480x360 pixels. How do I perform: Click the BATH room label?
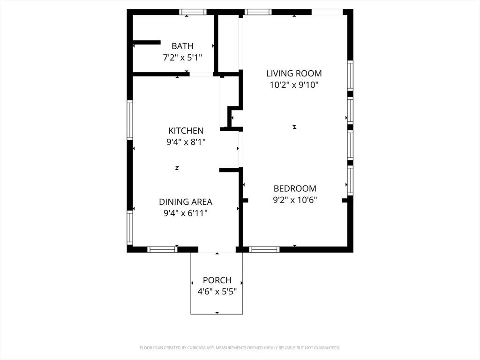click(x=182, y=46)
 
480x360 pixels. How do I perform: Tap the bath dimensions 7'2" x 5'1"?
click(x=182, y=57)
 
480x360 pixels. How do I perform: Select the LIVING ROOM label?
click(x=294, y=74)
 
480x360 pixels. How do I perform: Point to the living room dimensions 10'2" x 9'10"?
click(x=294, y=85)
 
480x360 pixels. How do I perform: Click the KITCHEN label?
click(x=186, y=131)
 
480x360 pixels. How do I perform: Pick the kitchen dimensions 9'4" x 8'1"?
click(x=186, y=142)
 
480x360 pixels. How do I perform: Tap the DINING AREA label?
click(x=186, y=202)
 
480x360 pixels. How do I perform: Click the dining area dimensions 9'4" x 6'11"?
click(x=186, y=213)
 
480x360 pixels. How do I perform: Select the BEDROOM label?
click(x=295, y=188)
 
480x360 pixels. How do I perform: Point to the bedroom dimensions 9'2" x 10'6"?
click(x=295, y=200)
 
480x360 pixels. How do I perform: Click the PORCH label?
click(x=217, y=280)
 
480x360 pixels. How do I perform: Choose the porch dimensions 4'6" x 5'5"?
click(x=217, y=292)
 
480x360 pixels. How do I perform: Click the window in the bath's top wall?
click(x=193, y=12)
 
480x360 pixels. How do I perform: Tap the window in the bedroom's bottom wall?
click(x=264, y=249)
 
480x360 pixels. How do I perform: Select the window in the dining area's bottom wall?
click(x=162, y=249)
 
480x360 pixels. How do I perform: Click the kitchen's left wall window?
click(x=130, y=120)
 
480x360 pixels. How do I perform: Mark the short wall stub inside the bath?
click(x=147, y=43)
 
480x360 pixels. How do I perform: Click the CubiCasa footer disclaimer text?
click(x=240, y=348)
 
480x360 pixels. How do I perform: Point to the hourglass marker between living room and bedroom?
click(x=294, y=127)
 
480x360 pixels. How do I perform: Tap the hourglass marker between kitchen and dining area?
click(x=177, y=168)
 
